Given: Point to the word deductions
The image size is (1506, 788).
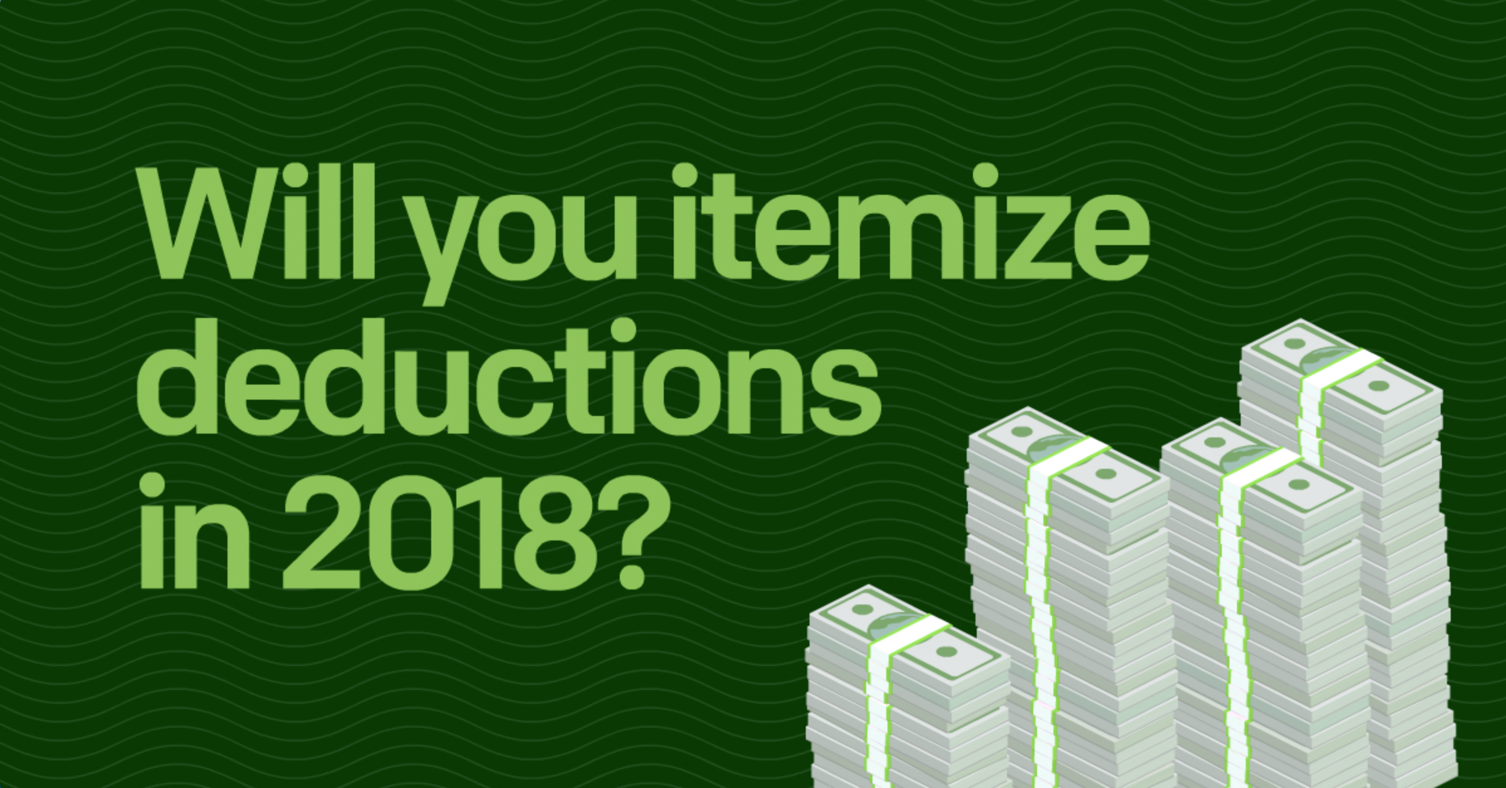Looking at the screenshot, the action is click(508, 377).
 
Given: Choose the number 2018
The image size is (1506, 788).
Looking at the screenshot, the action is click(430, 534).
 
